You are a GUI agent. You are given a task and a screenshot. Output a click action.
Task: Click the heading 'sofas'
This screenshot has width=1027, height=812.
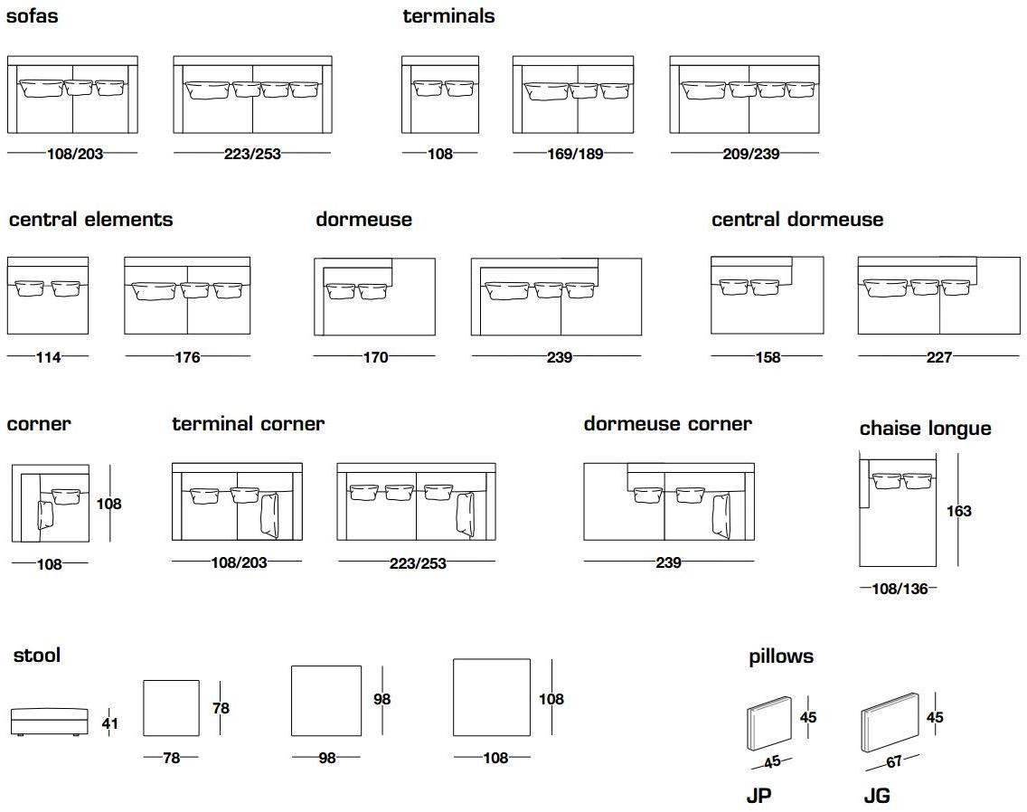coord(33,16)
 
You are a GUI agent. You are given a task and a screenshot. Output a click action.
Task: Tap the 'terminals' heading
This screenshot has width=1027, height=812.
coord(448,16)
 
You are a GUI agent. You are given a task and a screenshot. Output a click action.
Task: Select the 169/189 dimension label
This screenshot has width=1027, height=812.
coord(574,154)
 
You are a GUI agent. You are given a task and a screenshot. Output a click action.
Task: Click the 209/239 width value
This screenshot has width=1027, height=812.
coord(751,154)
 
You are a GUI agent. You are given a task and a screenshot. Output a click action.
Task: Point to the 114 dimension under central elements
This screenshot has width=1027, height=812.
coord(48,357)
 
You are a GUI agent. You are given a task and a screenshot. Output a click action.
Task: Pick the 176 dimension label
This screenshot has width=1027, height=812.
coord(187,357)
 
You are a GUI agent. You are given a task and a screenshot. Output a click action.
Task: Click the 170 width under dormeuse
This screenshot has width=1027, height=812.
coord(374,357)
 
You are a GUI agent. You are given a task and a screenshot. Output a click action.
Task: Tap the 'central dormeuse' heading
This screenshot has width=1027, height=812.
coord(796,220)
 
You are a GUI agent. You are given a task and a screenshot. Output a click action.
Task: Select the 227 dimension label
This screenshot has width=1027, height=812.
coord(938,357)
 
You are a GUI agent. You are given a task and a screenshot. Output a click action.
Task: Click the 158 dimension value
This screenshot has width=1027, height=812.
coord(767,357)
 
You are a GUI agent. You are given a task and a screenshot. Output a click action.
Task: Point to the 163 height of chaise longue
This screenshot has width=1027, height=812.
coord(958,511)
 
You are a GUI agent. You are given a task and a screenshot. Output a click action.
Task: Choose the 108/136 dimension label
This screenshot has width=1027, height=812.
coord(900,590)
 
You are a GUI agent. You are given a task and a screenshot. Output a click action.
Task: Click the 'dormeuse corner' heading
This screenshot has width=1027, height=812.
coord(667,424)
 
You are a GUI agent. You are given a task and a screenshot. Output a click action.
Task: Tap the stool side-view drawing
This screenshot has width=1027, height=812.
coord(49,720)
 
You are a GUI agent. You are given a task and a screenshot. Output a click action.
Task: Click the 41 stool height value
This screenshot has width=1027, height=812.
coord(109,723)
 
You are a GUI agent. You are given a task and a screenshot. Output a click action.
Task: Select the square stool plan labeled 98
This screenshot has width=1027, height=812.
coord(325,701)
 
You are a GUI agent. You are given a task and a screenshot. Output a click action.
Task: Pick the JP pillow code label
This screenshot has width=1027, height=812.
coord(758,796)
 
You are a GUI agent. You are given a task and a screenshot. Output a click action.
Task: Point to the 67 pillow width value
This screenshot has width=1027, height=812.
coord(893,762)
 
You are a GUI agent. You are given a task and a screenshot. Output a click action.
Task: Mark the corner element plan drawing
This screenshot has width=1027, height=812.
coord(50,504)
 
